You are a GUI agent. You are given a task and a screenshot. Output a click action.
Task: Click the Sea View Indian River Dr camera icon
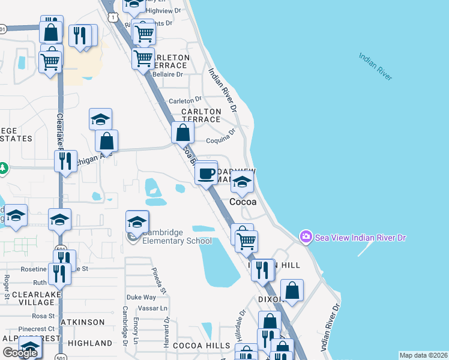point(306,238)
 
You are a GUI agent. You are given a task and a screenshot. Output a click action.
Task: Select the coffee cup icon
point(206,174)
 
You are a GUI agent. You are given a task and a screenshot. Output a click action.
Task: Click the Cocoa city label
point(243,202)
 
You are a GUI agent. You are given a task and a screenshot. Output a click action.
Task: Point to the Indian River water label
point(376,66)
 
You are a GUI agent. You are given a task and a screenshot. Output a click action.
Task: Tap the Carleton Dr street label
point(185,101)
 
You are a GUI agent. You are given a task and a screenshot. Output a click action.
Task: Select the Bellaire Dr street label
point(167,74)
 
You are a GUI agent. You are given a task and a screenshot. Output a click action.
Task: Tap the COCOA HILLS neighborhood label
point(201,346)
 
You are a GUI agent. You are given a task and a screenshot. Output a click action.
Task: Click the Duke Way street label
point(141,297)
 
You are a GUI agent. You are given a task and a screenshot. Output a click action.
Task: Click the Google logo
point(20,353)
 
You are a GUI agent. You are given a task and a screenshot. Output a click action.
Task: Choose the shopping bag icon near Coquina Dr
point(183,133)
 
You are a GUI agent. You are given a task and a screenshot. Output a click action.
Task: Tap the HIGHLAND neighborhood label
point(90,343)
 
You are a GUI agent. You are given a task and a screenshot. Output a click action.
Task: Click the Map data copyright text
point(423,355)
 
